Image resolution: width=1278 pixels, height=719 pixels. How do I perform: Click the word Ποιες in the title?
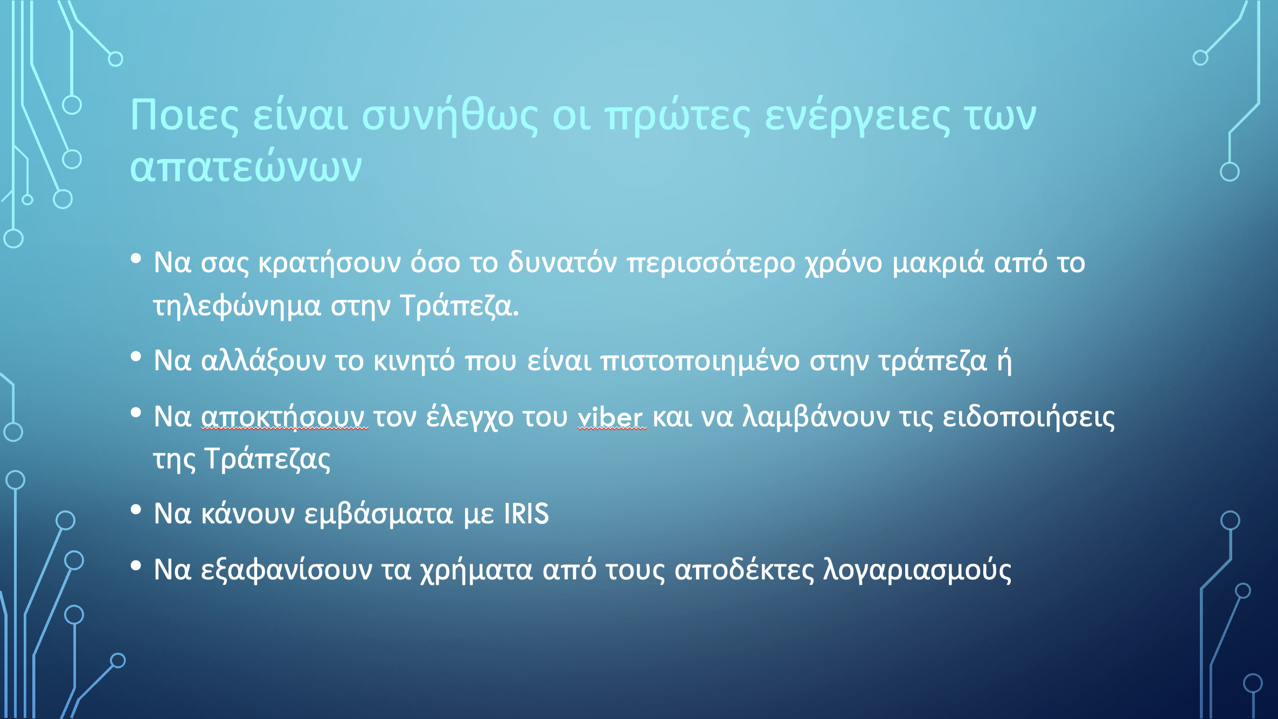click(184, 115)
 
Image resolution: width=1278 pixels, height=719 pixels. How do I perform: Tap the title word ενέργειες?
click(858, 115)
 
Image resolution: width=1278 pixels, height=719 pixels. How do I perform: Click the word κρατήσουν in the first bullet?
click(330, 263)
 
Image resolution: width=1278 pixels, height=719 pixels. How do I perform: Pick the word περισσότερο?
click(711, 263)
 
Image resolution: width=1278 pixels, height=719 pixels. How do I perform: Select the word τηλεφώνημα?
click(238, 306)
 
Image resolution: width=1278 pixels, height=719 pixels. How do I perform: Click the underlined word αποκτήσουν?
click(284, 417)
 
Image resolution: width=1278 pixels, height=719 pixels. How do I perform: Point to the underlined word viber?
click(612, 417)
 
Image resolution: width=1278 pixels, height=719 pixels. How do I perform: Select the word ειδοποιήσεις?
click(1029, 417)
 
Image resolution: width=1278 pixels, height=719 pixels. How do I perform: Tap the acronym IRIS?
click(526, 513)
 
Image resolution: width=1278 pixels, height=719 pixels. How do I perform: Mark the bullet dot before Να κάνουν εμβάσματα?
click(136, 510)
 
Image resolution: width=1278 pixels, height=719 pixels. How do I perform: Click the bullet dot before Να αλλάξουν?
click(136, 356)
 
